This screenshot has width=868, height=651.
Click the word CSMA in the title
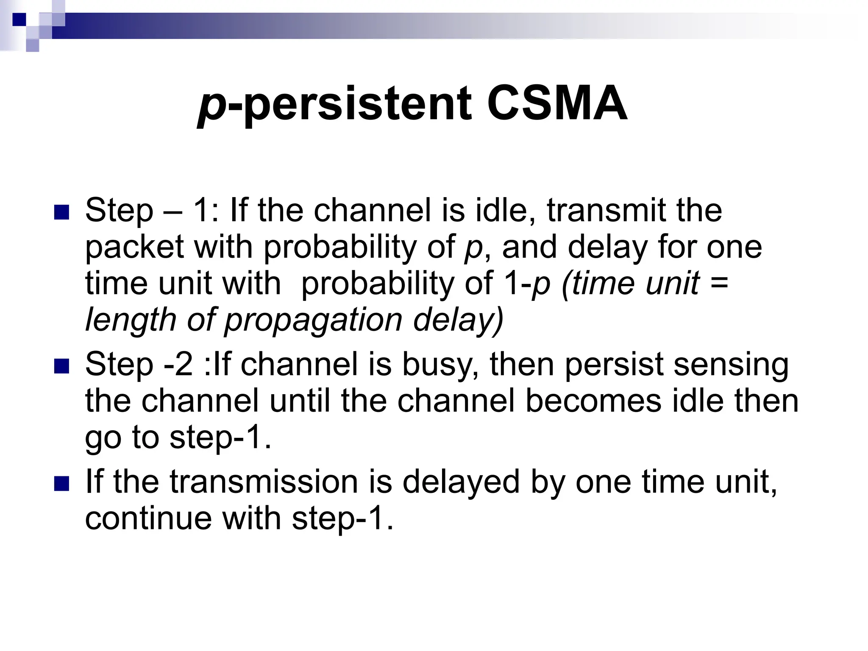tap(557, 104)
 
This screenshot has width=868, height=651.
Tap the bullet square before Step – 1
tap(61, 212)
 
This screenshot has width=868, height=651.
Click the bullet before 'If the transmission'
tap(61, 483)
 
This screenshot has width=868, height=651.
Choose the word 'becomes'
tap(593, 401)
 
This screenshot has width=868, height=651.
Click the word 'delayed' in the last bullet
tap(461, 483)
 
